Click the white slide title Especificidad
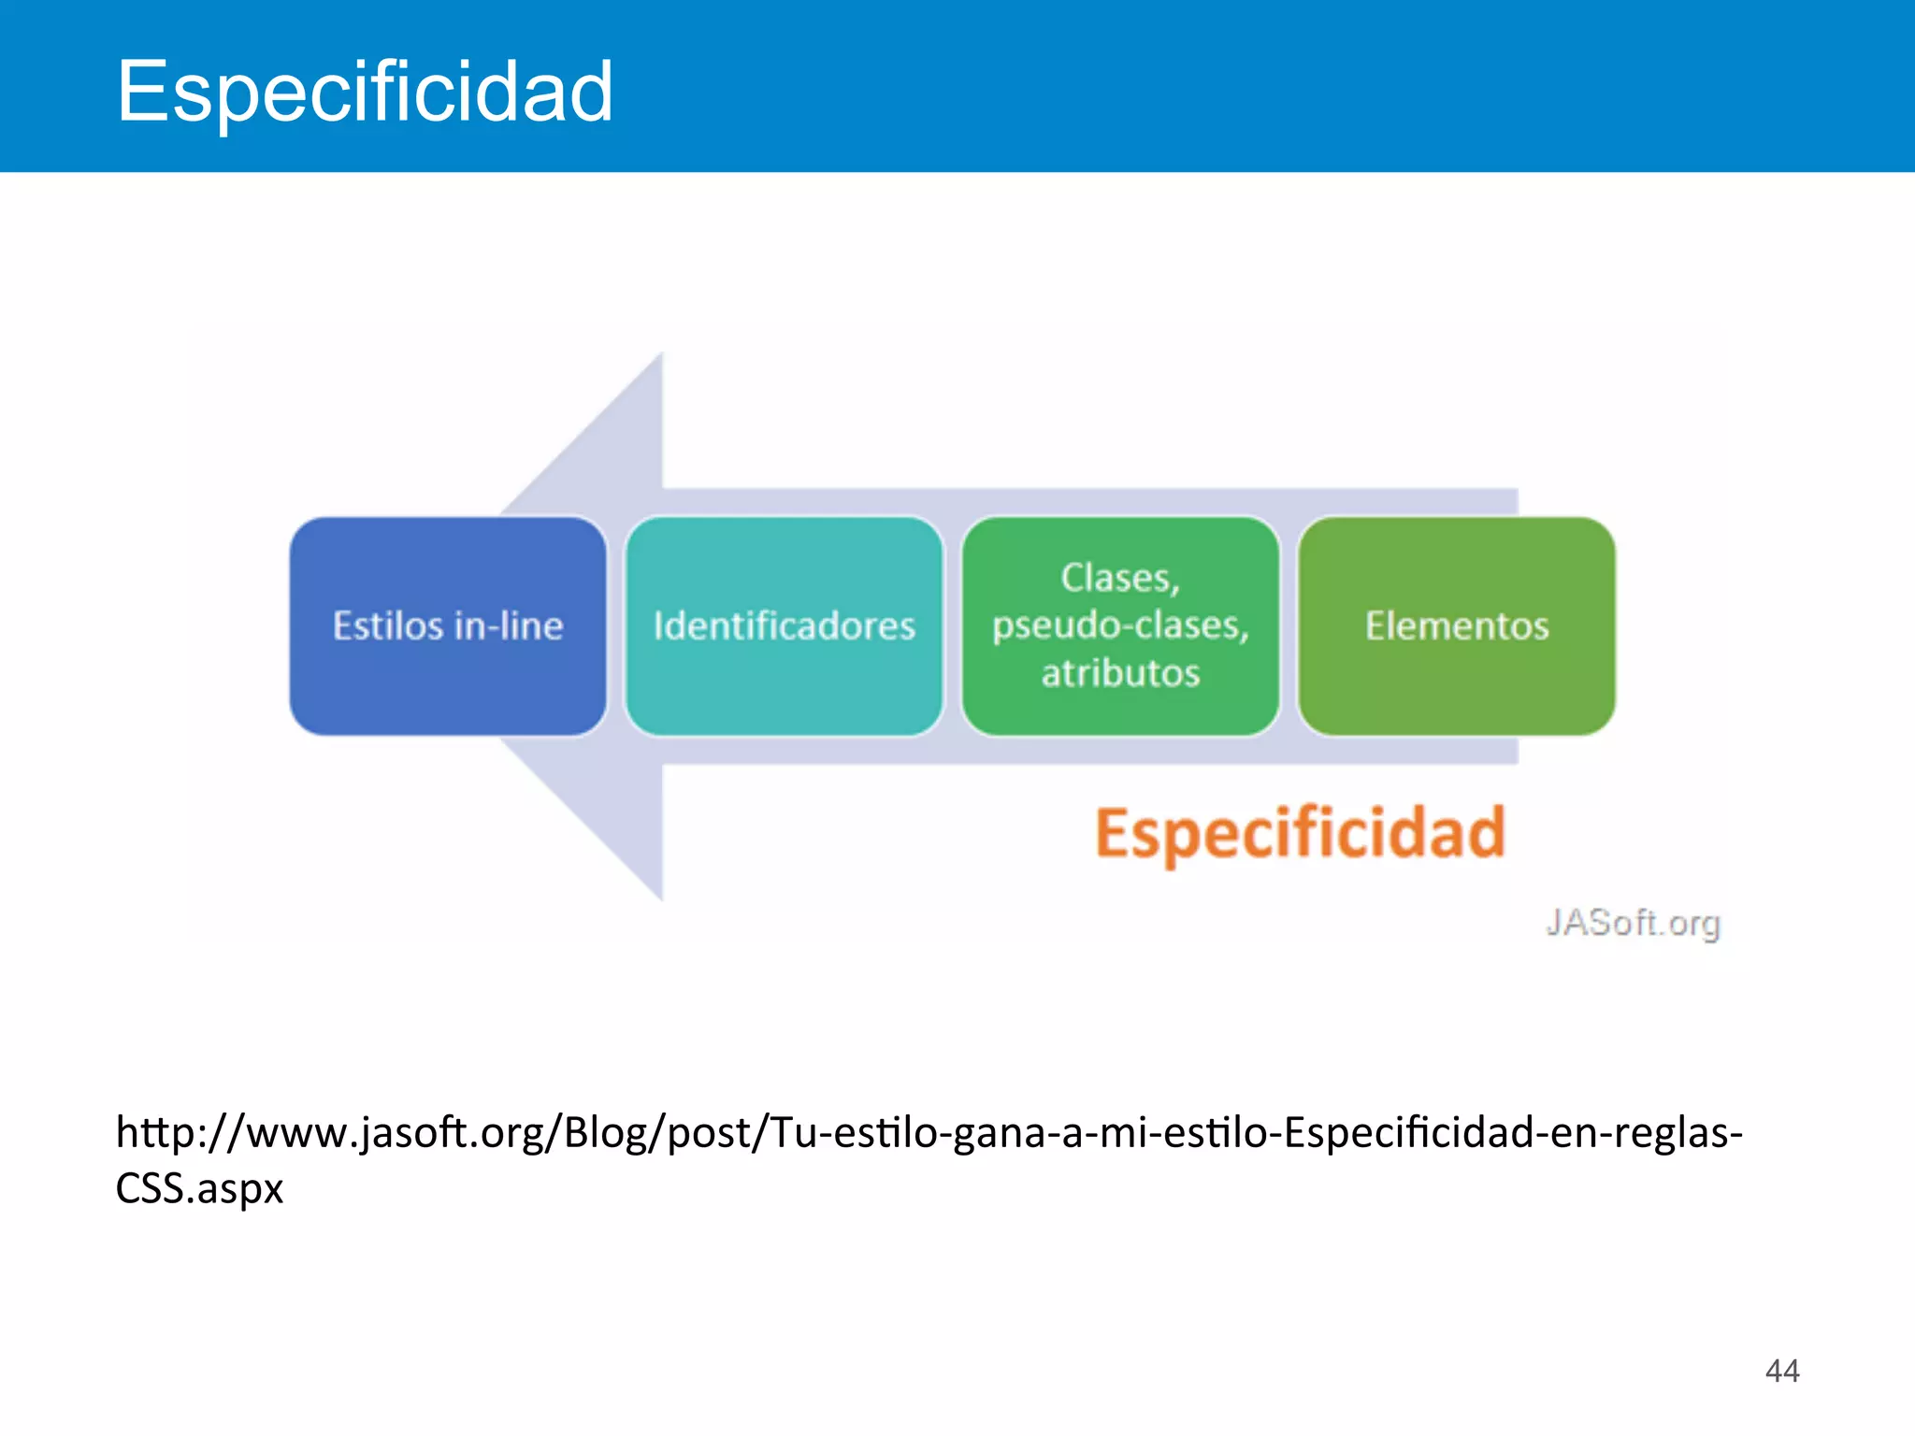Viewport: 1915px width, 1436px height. tap(365, 92)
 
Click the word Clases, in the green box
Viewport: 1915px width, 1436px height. tap(1120, 578)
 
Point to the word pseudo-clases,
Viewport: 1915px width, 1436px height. tap(1120, 625)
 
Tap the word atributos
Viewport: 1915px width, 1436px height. tap(1120, 673)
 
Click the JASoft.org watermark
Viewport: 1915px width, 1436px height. tap(1633, 923)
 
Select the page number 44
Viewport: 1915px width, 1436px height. tap(1781, 1371)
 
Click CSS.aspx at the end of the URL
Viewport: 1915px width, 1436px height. tap(199, 1188)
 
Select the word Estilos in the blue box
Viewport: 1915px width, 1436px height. tap(388, 625)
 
